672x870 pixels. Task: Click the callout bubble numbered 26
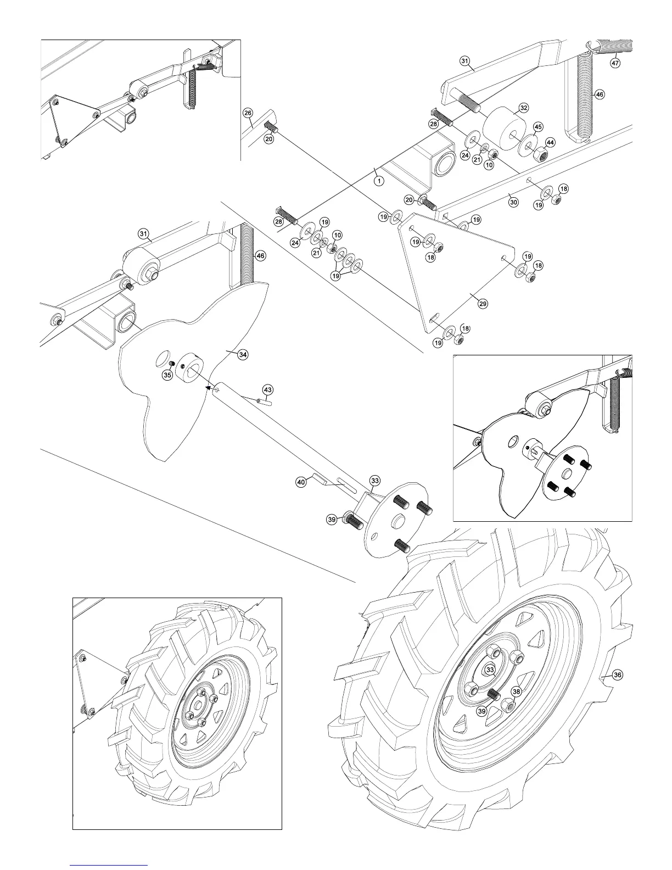click(248, 113)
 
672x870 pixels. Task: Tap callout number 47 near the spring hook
click(615, 63)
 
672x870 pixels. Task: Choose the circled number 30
click(513, 202)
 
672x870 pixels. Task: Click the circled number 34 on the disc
click(243, 355)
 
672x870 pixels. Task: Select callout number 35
click(167, 375)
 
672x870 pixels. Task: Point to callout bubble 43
click(267, 389)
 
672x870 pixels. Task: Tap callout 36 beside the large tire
click(617, 675)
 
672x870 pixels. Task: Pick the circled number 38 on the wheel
click(516, 692)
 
